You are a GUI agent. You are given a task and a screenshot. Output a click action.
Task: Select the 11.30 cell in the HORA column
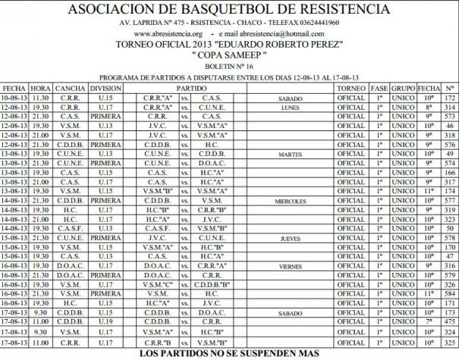(x=41, y=98)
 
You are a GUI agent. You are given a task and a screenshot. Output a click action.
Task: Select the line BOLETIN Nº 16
(x=229, y=67)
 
